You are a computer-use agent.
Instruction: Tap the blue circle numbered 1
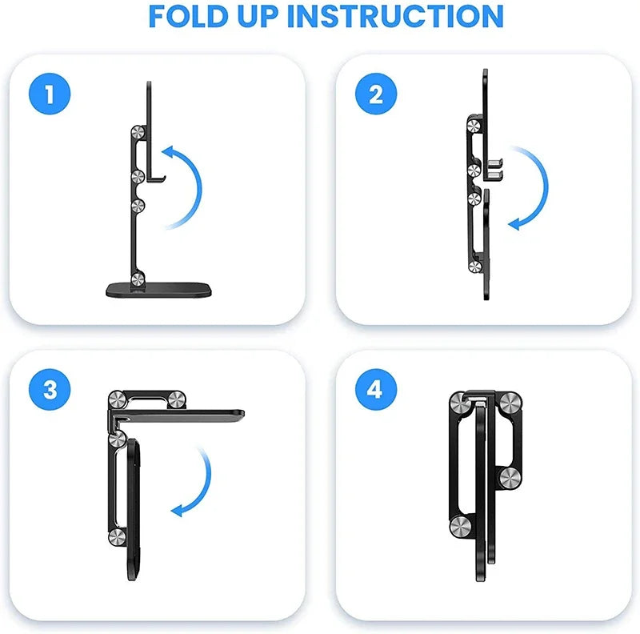pos(50,95)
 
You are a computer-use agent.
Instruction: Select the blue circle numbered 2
pos(376,95)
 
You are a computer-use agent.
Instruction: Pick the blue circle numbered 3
pos(50,390)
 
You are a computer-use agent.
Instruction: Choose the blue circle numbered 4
pos(376,390)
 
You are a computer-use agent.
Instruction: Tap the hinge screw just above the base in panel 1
pos(138,279)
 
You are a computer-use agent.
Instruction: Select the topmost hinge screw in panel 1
pos(138,135)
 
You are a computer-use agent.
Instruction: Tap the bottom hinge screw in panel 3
pos(117,537)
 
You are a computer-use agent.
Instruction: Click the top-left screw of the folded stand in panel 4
pos(459,403)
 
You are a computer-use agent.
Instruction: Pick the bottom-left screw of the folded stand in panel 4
pos(459,526)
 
